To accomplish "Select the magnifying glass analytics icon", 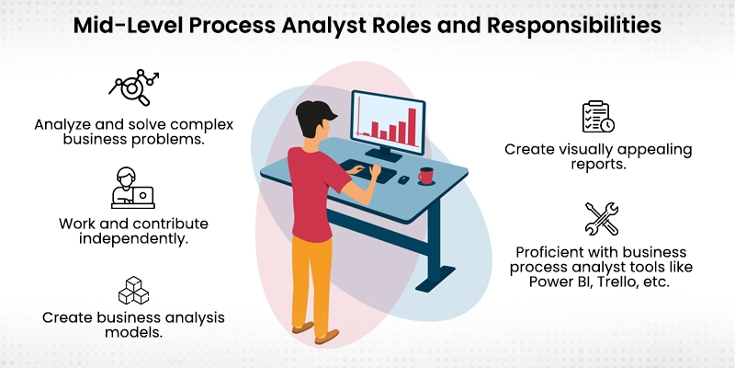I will [134, 85].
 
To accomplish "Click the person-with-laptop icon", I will [133, 188].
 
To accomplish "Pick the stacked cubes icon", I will [133, 290].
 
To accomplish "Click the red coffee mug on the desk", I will [426, 175].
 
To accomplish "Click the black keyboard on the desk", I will [368, 171].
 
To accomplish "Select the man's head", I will [313, 119].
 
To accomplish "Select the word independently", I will [133, 239].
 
